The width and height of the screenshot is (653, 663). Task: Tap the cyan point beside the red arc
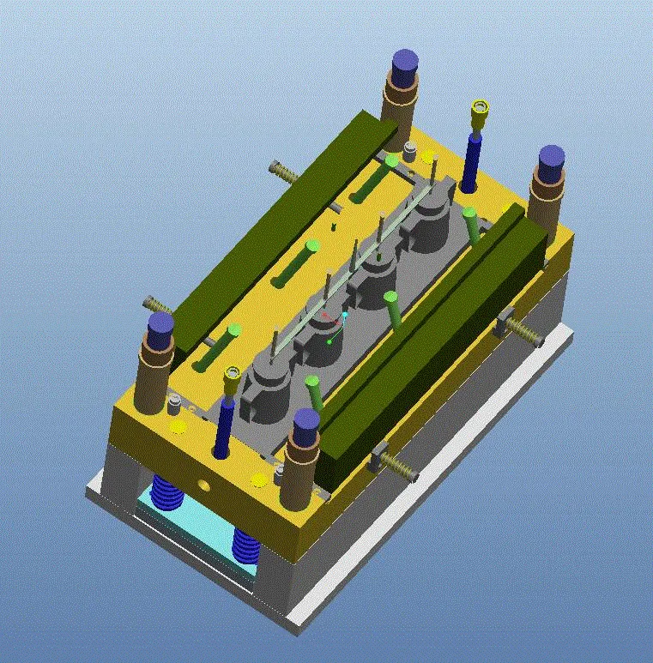pos(344,315)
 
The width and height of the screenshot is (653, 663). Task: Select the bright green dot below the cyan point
pos(329,343)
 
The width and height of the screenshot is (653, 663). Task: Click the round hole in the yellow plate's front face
pos(204,484)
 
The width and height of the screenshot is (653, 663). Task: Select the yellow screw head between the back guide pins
pos(481,109)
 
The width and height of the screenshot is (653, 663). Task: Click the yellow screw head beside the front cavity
pos(232,375)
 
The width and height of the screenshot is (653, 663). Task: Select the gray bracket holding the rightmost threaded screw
pos(505,323)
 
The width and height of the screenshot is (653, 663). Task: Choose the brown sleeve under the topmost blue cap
pos(400,99)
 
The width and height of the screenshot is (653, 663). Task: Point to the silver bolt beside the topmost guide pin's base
pos(410,154)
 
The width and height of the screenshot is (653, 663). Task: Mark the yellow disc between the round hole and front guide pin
pos(259,479)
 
